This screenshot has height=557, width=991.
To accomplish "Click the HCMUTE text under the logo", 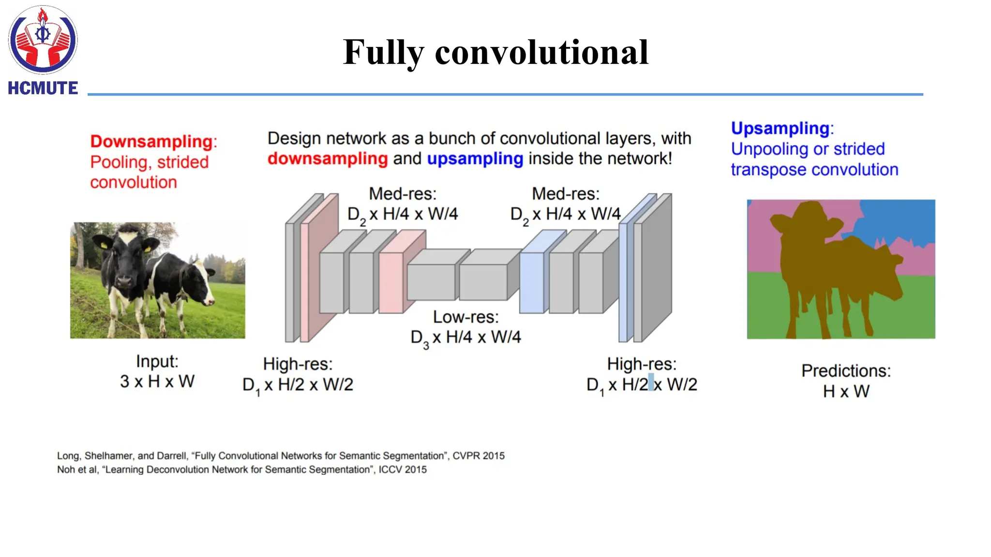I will (43, 88).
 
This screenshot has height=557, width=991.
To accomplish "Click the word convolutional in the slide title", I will (541, 52).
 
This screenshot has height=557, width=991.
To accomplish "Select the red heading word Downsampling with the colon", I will (153, 141).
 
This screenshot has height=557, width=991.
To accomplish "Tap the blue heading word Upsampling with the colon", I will (782, 128).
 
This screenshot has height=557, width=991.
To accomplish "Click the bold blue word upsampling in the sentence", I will (475, 159).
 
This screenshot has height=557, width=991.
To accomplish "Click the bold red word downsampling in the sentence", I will (328, 159).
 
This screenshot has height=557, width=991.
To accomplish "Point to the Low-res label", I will (465, 317).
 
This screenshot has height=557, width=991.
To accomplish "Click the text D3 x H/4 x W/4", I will (465, 337).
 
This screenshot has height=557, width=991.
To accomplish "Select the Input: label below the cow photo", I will (157, 361).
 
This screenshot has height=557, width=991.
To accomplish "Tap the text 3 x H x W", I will (157, 381).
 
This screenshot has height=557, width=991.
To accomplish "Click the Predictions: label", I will (846, 371).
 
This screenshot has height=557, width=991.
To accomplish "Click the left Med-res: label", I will (403, 194).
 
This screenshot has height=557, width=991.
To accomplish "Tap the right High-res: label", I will (642, 364).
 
